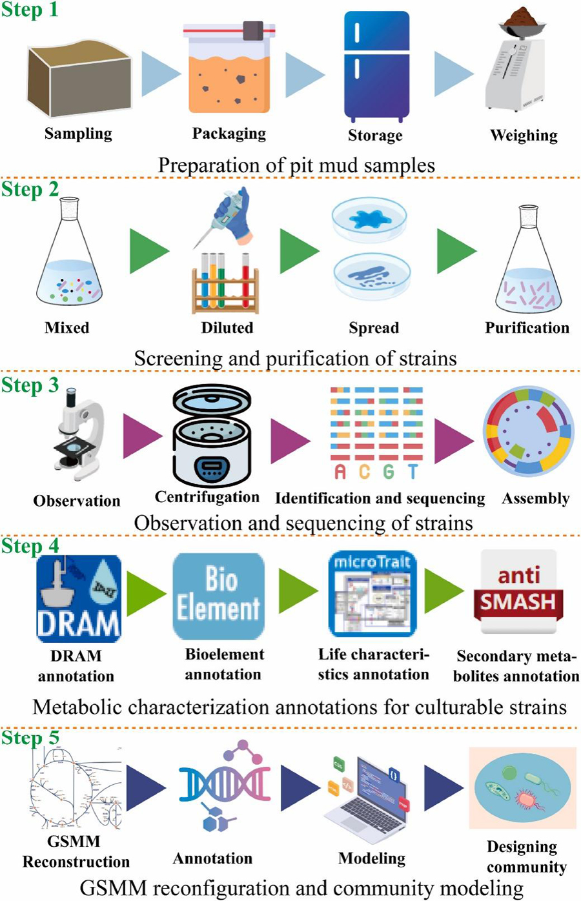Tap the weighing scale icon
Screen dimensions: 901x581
[x=520, y=65]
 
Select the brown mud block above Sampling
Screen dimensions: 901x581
[x=79, y=80]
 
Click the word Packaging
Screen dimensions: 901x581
[x=229, y=134]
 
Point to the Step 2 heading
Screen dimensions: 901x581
[x=30, y=189]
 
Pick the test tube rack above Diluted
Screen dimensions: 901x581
[x=225, y=283]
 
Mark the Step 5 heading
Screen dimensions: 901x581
[x=30, y=737]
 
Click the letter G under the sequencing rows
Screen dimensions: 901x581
[x=388, y=472]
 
